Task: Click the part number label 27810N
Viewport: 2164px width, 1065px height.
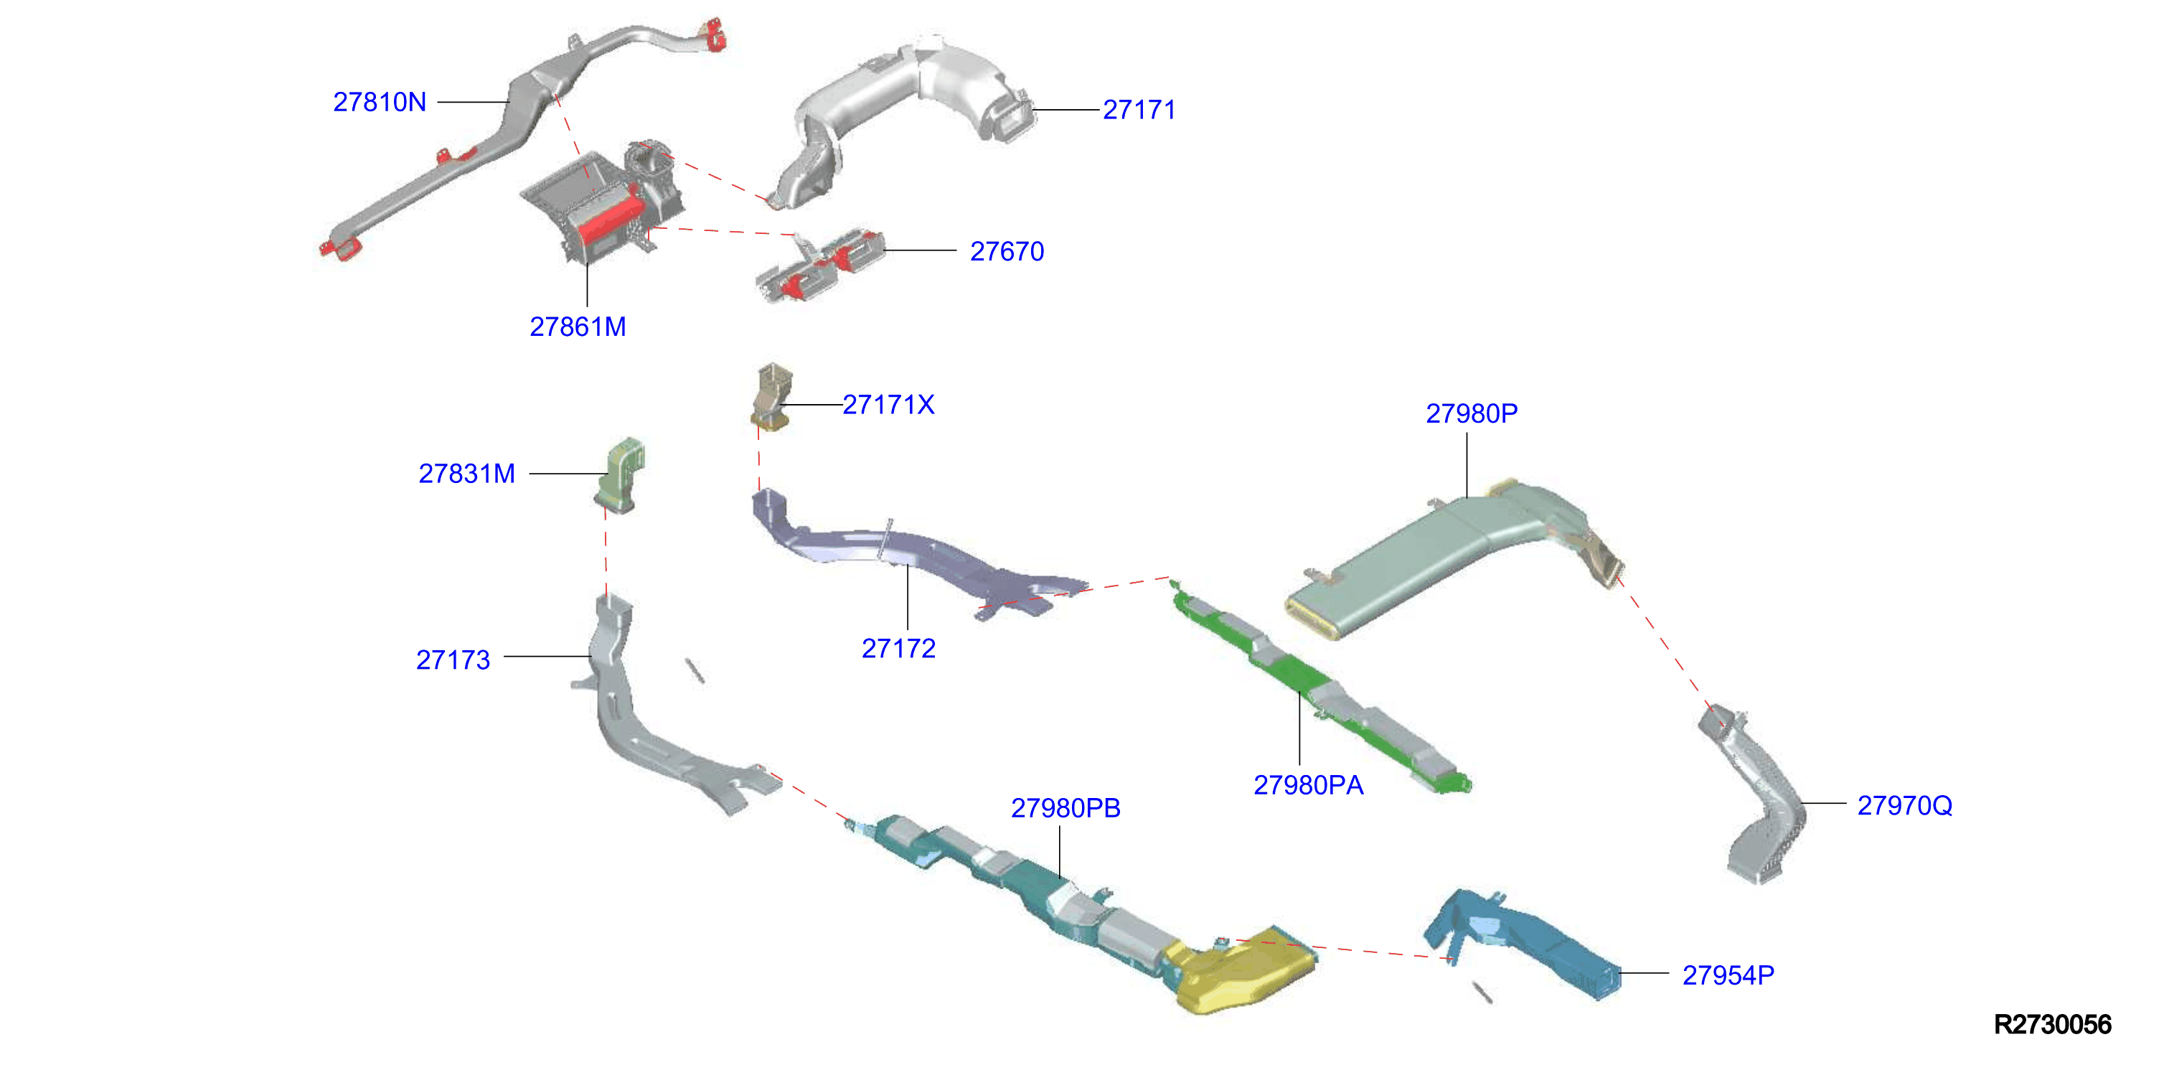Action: [380, 103]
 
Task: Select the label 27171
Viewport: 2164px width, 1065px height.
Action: [1139, 110]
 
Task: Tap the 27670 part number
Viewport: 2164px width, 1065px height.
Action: [1007, 251]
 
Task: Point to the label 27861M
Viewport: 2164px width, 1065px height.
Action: [578, 327]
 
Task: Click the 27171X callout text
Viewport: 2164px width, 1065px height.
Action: [889, 405]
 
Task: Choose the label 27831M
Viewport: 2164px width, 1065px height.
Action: [467, 474]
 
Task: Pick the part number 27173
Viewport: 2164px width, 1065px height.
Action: [453, 660]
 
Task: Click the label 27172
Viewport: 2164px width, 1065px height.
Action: [899, 649]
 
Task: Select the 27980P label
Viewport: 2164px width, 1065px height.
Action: [1472, 413]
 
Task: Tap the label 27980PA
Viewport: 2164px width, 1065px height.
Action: [1309, 785]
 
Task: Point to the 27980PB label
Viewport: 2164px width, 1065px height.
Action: [1066, 808]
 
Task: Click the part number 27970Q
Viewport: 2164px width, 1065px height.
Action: [1904, 805]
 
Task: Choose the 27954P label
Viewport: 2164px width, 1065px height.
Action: [1728, 975]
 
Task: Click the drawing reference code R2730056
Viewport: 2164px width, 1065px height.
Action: [2052, 1025]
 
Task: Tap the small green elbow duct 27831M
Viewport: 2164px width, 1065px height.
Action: [621, 475]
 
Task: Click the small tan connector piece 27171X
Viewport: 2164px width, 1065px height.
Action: [771, 396]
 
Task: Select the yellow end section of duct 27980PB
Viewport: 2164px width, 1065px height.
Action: [1240, 970]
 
